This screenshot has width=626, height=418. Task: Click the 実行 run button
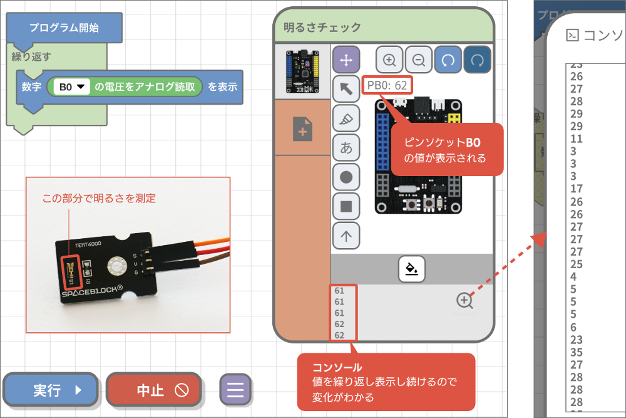click(x=51, y=390)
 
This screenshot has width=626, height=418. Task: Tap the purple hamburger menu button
click(x=235, y=390)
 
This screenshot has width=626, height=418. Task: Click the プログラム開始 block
click(x=63, y=28)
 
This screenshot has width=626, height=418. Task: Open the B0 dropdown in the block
click(x=71, y=87)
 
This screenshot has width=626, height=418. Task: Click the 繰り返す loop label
click(x=31, y=57)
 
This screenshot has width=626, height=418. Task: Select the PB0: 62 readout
click(x=387, y=85)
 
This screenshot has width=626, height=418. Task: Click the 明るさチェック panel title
click(x=322, y=27)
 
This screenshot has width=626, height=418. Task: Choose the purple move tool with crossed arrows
click(x=345, y=60)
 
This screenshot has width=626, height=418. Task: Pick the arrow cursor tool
click(x=345, y=90)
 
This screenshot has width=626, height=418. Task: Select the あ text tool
click(x=345, y=148)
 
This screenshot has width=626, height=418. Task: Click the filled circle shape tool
click(x=345, y=177)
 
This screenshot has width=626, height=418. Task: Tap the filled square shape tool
click(x=345, y=206)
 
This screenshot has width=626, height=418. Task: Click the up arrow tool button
click(x=345, y=236)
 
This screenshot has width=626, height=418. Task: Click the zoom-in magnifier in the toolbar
click(x=389, y=60)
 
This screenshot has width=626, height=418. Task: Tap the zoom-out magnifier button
click(x=419, y=60)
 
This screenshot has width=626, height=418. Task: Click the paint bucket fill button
click(x=412, y=269)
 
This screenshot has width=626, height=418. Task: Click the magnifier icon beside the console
click(x=464, y=301)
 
